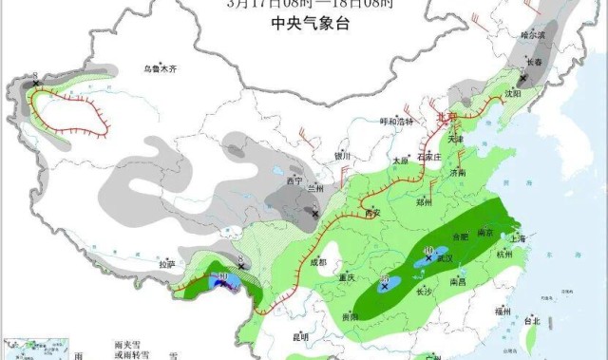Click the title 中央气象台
click(304, 23)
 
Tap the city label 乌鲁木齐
click(161, 68)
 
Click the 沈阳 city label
click(513, 94)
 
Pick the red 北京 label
click(446, 116)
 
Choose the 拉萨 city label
click(167, 264)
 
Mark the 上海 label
click(518, 238)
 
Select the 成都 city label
click(318, 262)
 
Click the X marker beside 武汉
click(429, 257)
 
